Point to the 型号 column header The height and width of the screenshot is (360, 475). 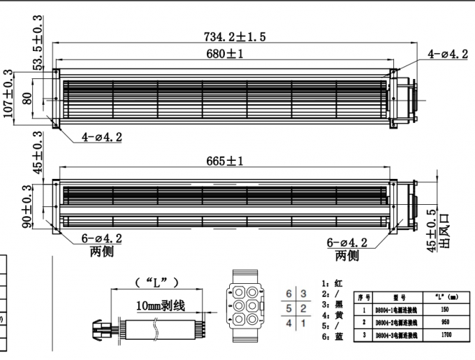click(x=398, y=296)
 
